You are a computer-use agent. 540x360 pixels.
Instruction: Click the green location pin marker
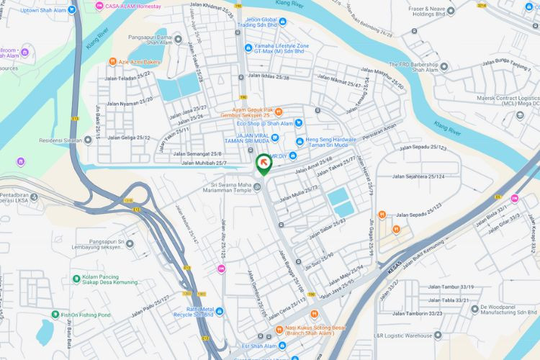[x=264, y=164]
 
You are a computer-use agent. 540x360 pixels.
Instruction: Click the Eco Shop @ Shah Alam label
[x=264, y=123]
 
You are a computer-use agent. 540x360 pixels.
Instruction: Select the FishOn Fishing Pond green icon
[x=55, y=315]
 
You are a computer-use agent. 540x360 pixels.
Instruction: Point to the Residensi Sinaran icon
[x=88, y=140]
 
